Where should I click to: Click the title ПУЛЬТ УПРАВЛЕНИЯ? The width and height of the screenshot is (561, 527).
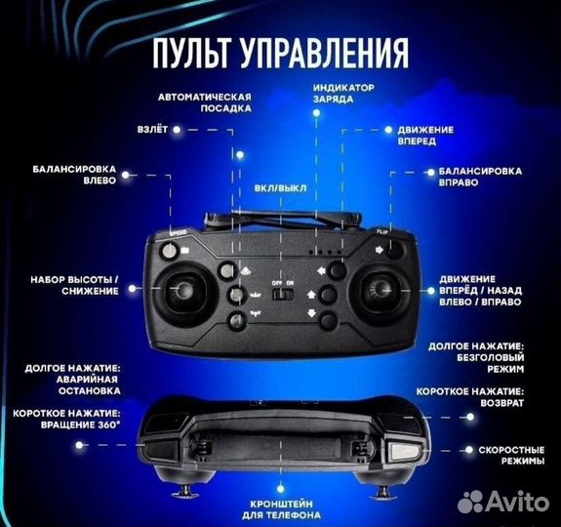tap(279, 52)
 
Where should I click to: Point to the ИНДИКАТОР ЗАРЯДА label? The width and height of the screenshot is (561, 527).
tap(343, 94)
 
